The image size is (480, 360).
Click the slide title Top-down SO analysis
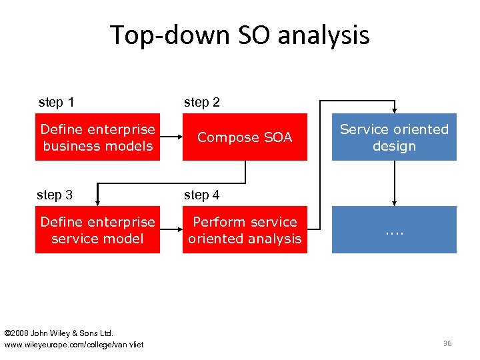(x=239, y=35)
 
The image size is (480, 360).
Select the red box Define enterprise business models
(x=97, y=137)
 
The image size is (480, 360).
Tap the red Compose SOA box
(x=245, y=137)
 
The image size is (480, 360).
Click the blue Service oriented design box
(x=394, y=137)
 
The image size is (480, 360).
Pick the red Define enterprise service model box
(x=97, y=230)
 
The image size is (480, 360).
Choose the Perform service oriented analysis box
(x=245, y=230)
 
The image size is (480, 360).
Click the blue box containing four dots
(x=394, y=230)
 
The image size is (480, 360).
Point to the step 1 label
(x=57, y=103)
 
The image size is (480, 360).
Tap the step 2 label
(x=201, y=103)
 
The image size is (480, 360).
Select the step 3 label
(x=55, y=195)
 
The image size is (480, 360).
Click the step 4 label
(x=201, y=195)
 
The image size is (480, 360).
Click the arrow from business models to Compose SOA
(x=171, y=137)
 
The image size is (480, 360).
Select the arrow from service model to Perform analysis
(x=171, y=230)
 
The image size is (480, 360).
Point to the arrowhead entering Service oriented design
(x=394, y=109)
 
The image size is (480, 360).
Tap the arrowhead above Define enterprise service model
(x=97, y=201)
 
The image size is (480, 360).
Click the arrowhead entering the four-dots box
(x=394, y=201)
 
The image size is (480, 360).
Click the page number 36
(x=447, y=343)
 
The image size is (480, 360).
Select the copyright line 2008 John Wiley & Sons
(x=59, y=333)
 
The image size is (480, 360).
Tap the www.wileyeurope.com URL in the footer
(x=73, y=344)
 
